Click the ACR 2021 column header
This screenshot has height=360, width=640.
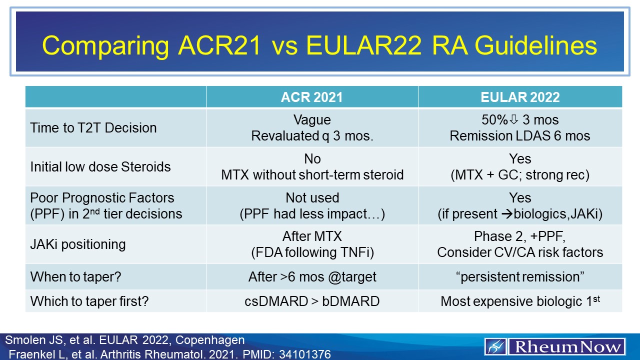[x=312, y=97]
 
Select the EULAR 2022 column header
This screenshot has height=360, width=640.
[x=520, y=97]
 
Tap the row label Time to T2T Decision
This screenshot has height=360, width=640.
[x=93, y=128]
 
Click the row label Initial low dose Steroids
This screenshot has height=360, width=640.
[x=100, y=166]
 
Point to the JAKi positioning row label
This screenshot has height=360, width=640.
[x=78, y=244]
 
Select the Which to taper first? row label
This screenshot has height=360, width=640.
[x=87, y=301]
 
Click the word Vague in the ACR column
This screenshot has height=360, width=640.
[x=312, y=120]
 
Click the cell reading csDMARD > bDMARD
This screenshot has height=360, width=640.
[x=312, y=301]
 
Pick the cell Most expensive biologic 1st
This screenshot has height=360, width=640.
[x=520, y=301]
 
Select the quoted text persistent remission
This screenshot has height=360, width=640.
[x=520, y=276]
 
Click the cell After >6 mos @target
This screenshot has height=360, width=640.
[x=312, y=276]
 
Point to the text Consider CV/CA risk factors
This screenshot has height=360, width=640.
[x=520, y=252]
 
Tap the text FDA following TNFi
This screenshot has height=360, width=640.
[x=312, y=252]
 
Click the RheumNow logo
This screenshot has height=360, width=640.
[x=555, y=346]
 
